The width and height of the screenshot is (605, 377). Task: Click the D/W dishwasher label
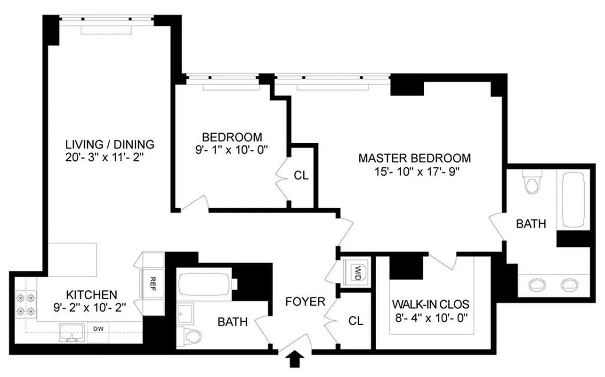(98, 328)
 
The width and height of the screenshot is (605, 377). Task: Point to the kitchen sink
(72, 332)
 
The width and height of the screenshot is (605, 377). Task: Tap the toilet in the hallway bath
(192, 336)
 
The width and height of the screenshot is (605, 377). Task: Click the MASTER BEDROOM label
(414, 158)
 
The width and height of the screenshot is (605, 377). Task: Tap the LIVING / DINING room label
(110, 144)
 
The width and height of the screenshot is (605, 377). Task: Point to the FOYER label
(306, 301)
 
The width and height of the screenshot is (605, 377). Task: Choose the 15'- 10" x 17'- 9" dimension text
(414, 171)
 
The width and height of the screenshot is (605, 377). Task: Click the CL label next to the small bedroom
(301, 176)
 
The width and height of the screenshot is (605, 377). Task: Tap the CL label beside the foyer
(356, 321)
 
